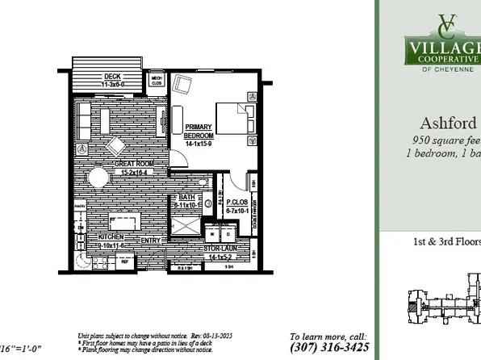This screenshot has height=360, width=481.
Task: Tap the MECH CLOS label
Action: [x=157, y=80]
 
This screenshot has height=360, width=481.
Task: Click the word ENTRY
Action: [x=151, y=241]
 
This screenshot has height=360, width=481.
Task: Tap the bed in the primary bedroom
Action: [x=234, y=122]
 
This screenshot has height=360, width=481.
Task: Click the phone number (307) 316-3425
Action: [x=329, y=349]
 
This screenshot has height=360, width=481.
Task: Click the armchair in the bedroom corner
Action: [x=183, y=83]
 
